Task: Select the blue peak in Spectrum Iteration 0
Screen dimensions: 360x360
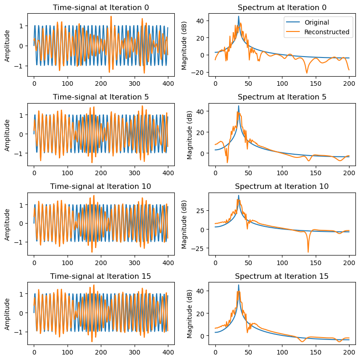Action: (239, 16)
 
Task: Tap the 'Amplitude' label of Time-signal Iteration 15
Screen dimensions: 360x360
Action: (7, 313)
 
